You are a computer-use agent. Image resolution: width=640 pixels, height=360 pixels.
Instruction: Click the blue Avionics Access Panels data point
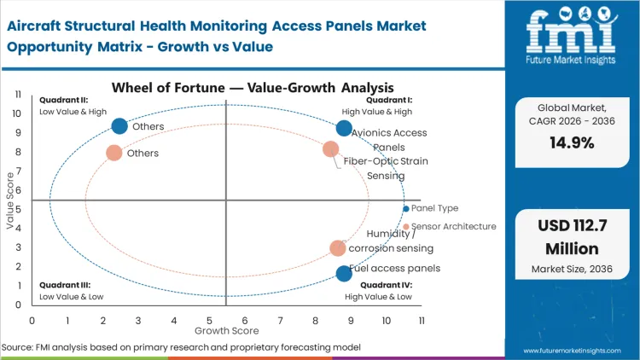(x=344, y=129)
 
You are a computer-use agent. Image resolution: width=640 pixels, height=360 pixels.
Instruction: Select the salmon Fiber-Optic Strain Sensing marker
(x=331, y=149)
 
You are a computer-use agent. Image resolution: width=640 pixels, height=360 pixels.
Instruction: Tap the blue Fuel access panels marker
(x=344, y=273)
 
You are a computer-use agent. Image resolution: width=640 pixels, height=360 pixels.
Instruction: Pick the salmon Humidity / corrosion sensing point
(x=338, y=248)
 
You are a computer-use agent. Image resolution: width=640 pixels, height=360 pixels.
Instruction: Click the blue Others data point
(x=119, y=126)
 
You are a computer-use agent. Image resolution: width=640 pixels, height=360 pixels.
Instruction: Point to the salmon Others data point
(x=113, y=154)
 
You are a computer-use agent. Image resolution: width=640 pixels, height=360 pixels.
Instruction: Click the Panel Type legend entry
(x=434, y=208)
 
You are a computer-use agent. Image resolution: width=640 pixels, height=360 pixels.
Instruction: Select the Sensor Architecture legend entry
(x=453, y=227)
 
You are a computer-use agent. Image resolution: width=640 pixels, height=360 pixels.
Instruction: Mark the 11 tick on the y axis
(x=19, y=94)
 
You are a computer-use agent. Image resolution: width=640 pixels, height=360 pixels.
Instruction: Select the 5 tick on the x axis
(x=209, y=320)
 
